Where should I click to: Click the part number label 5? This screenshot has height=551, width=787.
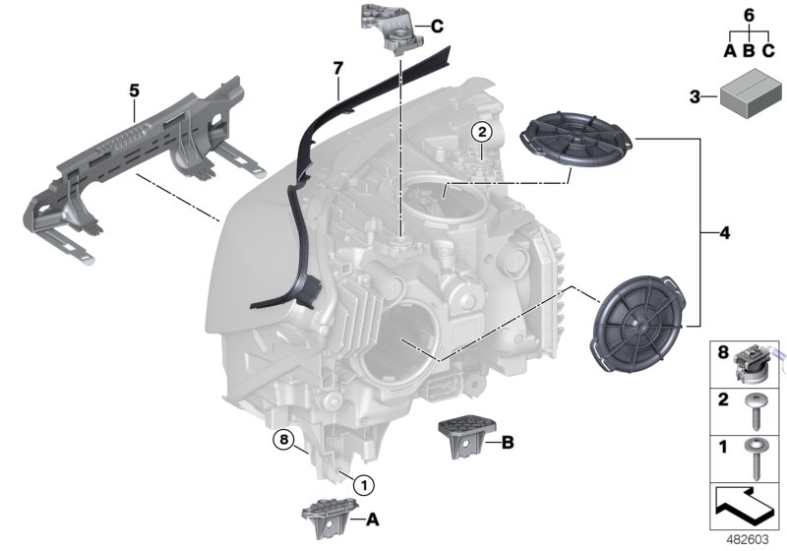click(134, 91)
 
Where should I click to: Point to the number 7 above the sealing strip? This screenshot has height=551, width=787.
click(336, 68)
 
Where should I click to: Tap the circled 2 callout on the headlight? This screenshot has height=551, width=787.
click(481, 131)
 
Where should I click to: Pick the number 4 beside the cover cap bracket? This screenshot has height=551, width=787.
click(725, 233)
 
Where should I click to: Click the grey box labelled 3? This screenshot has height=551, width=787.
click(746, 96)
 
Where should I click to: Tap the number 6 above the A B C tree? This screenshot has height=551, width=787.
click(748, 15)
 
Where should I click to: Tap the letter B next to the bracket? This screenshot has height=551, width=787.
click(508, 444)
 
